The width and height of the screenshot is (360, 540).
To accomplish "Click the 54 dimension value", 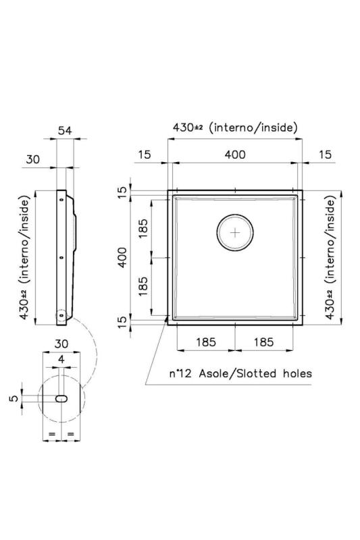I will coord(65,131).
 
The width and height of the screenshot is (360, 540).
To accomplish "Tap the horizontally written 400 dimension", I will coord(234,155).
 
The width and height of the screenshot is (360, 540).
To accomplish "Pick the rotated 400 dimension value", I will coord(122,257).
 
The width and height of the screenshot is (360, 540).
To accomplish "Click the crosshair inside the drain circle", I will coord(235,233).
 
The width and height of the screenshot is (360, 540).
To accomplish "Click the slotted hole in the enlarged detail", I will coord(61,398).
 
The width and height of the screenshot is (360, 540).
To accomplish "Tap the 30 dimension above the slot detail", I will coord(61,343).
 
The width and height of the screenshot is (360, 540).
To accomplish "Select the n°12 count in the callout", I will coord(180,372).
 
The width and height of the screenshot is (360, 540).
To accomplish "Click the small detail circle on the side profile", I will coord(61,315).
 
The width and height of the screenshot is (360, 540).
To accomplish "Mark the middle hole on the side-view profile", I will coord(61,258).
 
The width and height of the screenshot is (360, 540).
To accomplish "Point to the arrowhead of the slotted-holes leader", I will coord(167,322).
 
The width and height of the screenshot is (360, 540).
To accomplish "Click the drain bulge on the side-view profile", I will coord(75,232).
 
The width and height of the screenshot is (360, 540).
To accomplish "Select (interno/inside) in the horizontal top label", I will coord(253,127).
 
